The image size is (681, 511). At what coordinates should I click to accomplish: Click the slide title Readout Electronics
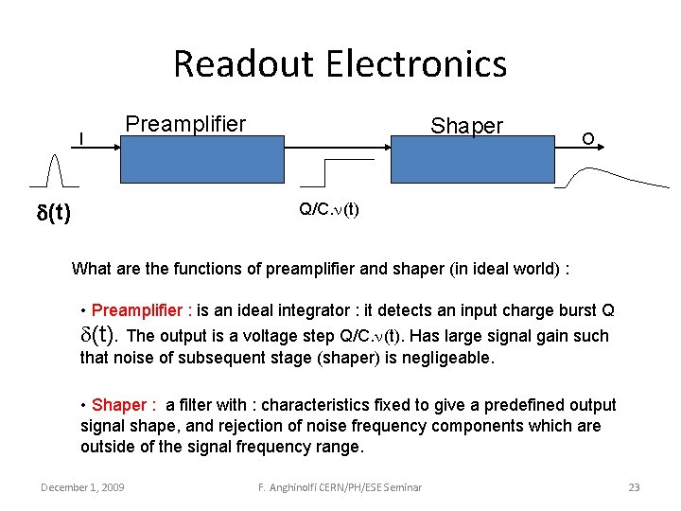click(340, 64)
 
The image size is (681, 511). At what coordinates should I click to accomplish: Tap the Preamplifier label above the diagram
click(185, 124)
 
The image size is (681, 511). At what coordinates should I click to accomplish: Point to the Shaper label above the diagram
click(467, 126)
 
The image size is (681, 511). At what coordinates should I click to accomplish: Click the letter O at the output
click(587, 139)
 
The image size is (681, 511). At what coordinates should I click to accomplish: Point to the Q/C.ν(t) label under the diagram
click(328, 209)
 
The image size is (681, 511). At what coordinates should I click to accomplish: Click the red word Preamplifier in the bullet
click(139, 310)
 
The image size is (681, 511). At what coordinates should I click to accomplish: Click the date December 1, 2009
click(82, 487)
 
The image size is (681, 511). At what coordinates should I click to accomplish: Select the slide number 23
click(634, 487)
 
